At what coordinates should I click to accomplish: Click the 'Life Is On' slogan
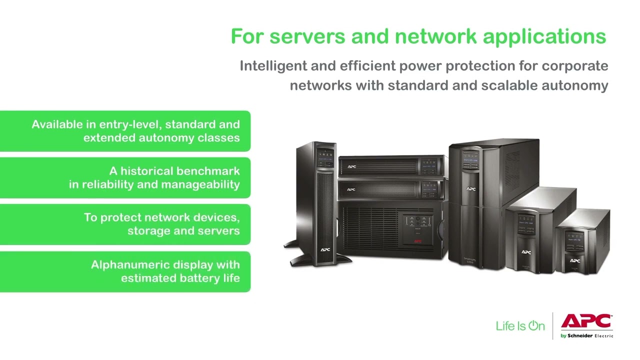(520, 326)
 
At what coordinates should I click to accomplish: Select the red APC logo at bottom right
(586, 321)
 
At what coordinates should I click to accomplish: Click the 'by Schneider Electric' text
(586, 336)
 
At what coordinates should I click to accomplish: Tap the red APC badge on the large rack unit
(417, 241)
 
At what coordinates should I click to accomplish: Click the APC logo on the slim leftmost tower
(325, 248)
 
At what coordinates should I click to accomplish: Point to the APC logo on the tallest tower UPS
(470, 189)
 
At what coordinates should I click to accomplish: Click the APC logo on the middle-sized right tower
(526, 252)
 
